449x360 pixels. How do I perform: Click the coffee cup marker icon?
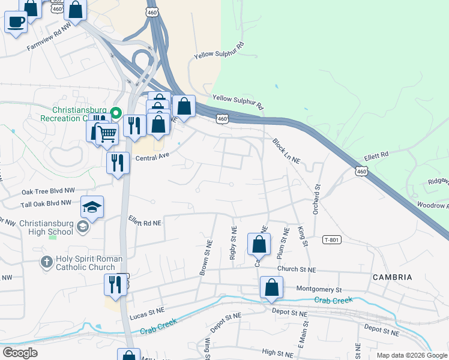click(16, 22)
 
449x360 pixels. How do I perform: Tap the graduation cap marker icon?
click(92, 207)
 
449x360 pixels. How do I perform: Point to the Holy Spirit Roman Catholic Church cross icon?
click(46, 262)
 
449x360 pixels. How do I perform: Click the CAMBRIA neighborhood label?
click(392, 277)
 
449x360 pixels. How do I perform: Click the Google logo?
click(20, 352)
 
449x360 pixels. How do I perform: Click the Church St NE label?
click(297, 270)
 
